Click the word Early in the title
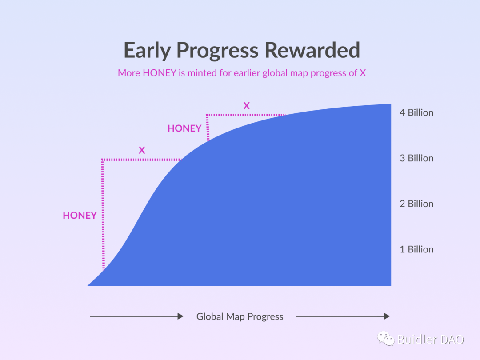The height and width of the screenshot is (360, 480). coord(147,51)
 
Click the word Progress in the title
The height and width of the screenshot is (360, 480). coord(217,51)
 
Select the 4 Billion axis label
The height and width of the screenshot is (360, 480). coord(416,112)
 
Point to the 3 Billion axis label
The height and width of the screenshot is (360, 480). coord(416,158)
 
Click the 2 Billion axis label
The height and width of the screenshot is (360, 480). coord(416,204)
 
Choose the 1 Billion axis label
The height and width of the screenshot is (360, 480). coord(416,249)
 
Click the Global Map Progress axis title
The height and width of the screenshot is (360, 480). coord(240,316)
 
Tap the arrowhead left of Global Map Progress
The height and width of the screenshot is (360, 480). coord(180,316)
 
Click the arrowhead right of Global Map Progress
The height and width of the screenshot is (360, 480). coord(387,316)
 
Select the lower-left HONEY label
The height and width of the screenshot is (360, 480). coord(80,216)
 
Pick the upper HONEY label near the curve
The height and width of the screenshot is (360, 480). coord(184,128)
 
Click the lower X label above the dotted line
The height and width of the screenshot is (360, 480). coord(142,150)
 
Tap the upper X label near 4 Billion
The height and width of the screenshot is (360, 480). coord(246,106)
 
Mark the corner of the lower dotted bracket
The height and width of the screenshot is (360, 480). coord(102,160)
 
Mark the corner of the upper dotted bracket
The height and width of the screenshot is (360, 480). coord(207,115)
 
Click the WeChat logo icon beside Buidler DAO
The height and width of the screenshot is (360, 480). coord(385,339)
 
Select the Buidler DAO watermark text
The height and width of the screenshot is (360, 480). coord(430,340)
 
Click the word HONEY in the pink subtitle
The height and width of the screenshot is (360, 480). coord(160,73)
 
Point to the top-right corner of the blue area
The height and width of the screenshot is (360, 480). coord(391,104)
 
